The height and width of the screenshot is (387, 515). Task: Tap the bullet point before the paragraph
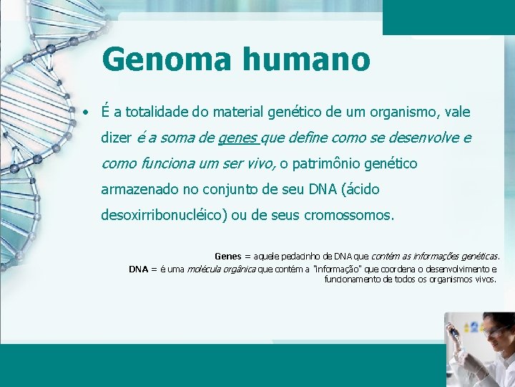[85, 113]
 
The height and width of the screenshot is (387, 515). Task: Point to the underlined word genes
[238, 138]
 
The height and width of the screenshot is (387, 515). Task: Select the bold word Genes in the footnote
[228, 256]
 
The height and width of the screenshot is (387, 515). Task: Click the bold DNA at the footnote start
[138, 269]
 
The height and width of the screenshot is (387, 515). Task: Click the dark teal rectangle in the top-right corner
[448, 16]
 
